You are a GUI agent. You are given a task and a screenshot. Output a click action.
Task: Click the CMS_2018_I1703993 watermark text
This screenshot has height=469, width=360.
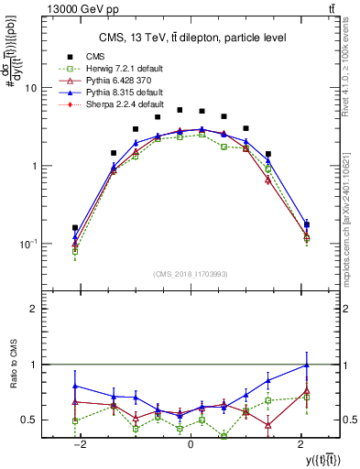click(x=190, y=275)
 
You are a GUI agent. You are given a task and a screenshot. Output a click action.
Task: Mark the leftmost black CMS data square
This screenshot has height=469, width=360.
click(x=75, y=227)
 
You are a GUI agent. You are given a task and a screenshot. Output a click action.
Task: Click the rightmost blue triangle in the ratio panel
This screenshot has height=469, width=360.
click(x=306, y=365)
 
